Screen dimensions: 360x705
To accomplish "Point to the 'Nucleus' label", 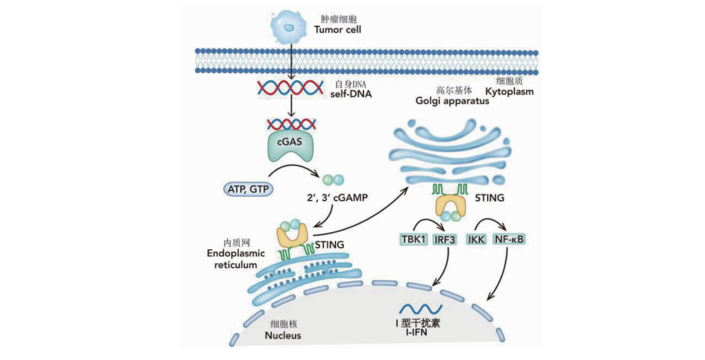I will (283, 335).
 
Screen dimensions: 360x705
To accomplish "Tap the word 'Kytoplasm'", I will (510, 91).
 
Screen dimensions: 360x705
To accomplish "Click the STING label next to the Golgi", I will (491, 198).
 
